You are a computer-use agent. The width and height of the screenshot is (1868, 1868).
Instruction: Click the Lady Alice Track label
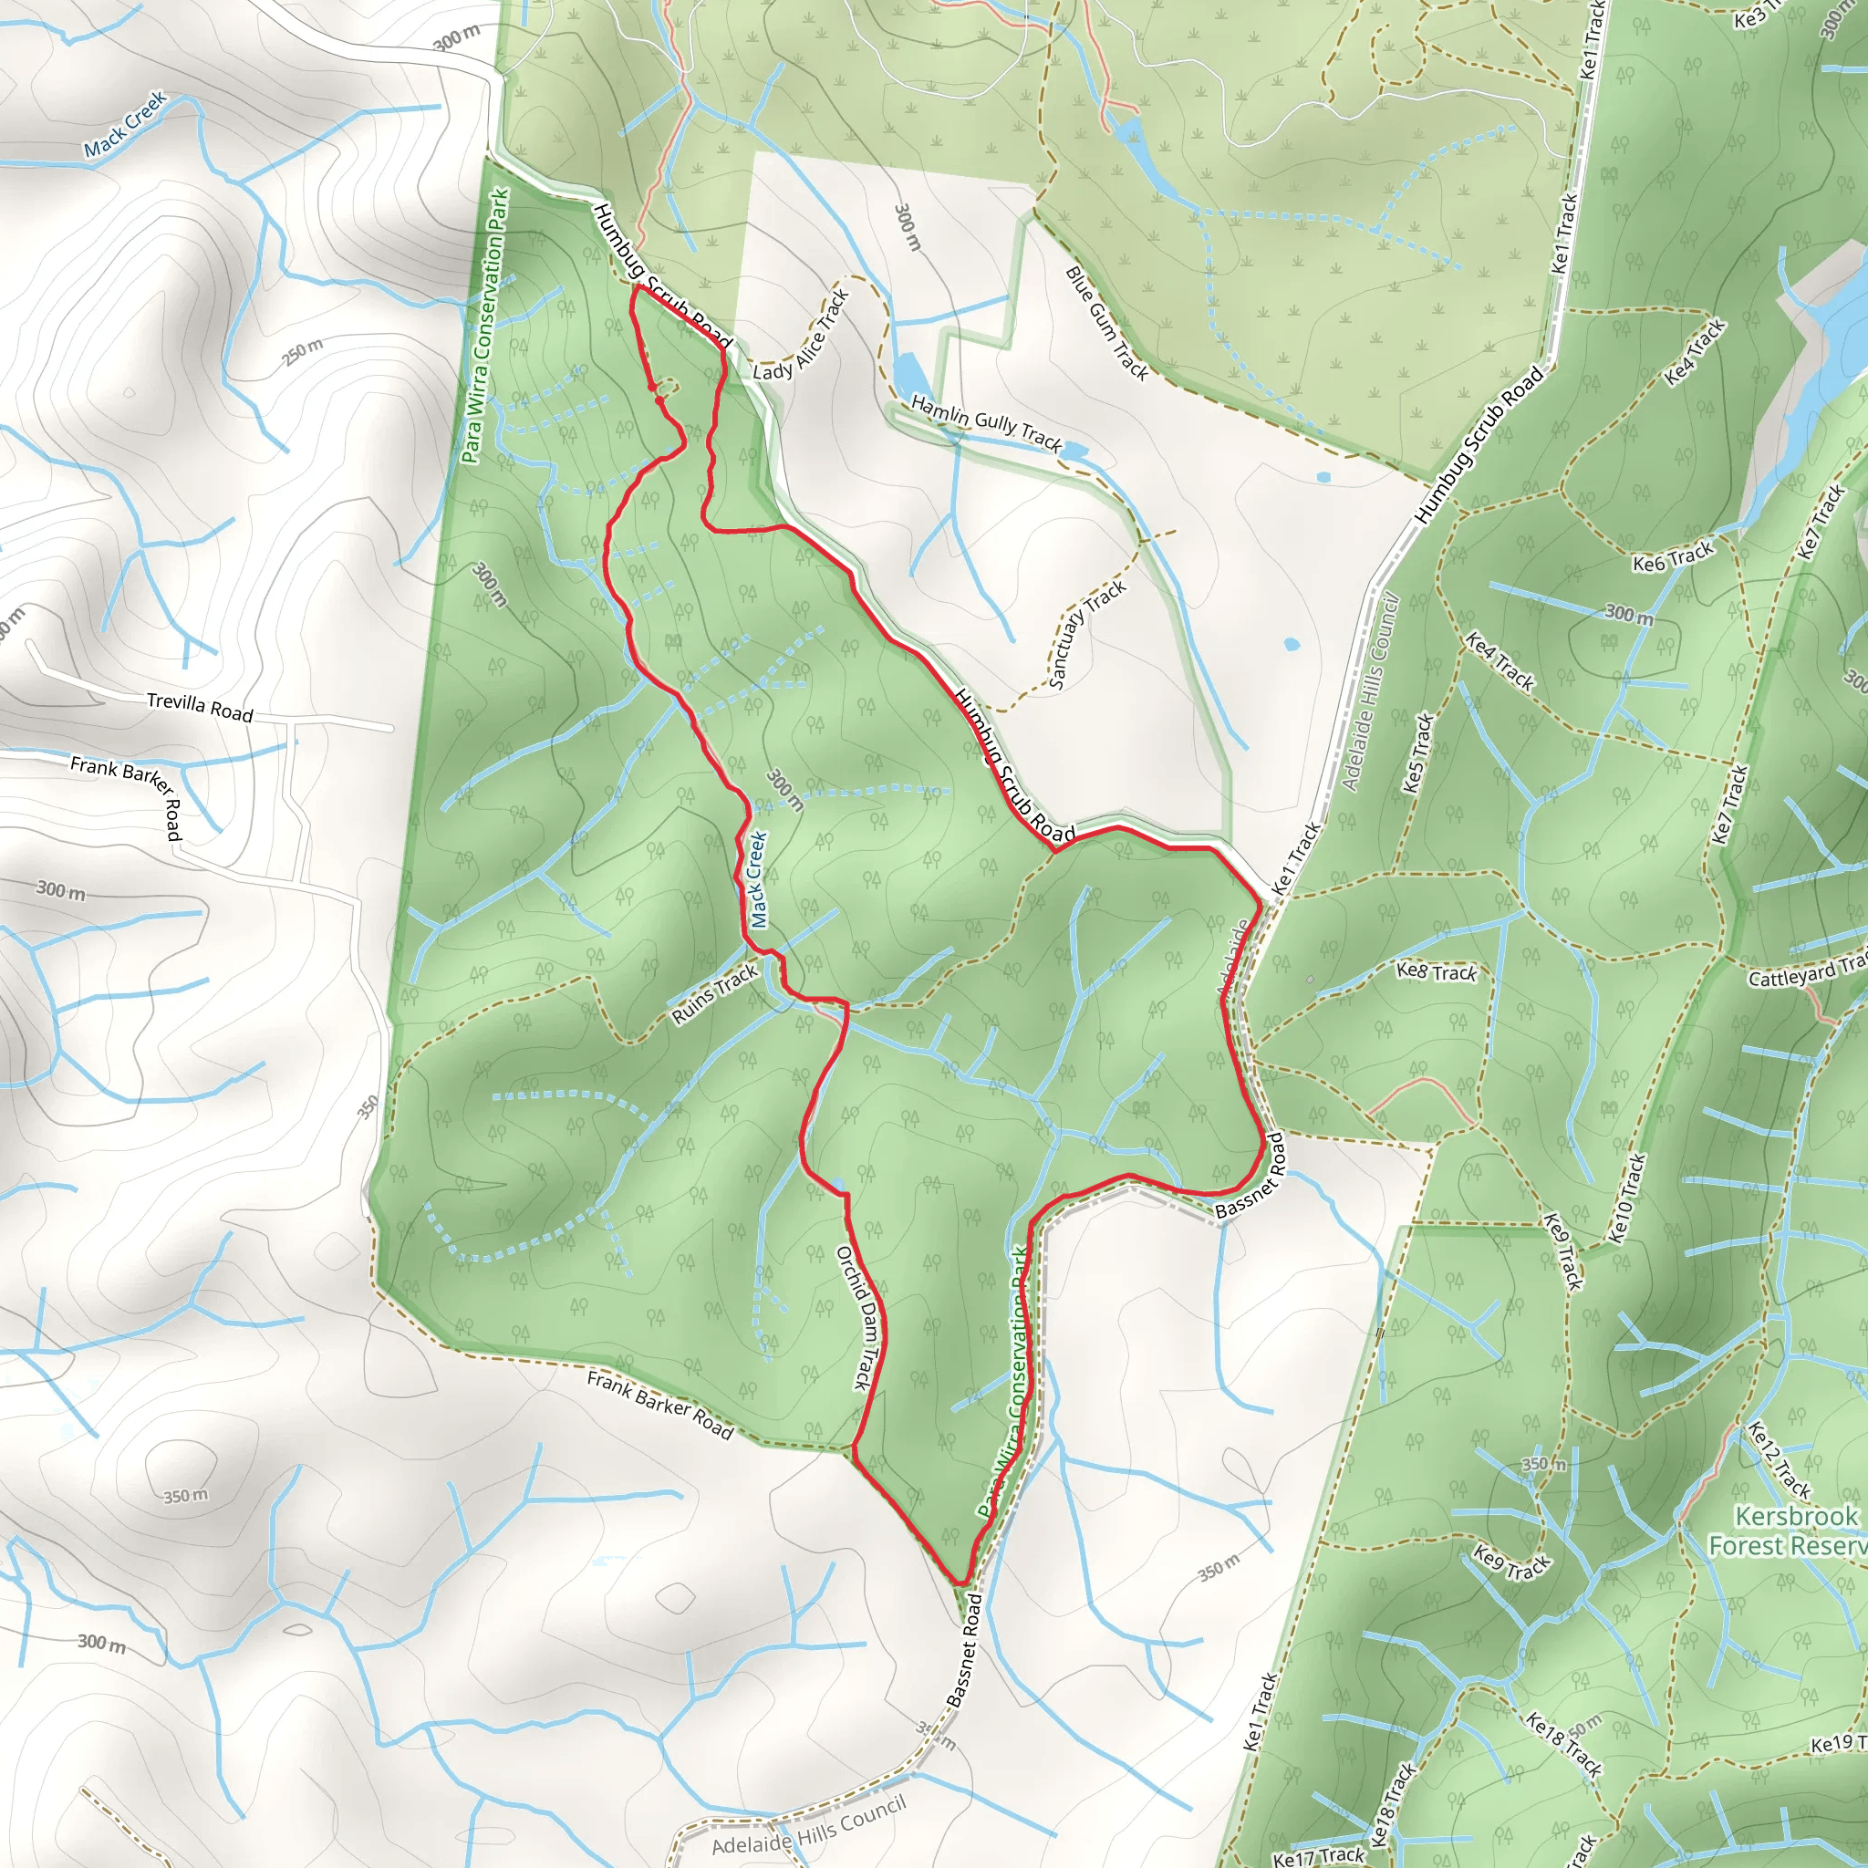coord(801,336)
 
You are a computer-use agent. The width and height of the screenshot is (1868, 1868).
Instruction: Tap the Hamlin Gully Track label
coord(986,423)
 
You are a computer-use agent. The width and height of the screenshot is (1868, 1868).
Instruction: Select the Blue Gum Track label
coord(1106,323)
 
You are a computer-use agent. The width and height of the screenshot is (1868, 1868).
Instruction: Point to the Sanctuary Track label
coord(1086,634)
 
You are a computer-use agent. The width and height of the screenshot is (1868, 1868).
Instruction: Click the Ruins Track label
coord(714,994)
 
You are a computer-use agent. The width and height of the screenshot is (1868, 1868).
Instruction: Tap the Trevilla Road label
coord(199,707)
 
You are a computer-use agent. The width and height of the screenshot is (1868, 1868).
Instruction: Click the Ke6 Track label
coord(1673,557)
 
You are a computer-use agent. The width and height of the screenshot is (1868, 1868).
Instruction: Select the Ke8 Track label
coord(1437,971)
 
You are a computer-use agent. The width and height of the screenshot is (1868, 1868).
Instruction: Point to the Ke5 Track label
coord(1417,753)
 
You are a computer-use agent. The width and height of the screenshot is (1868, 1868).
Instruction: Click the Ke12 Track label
coord(1779,1460)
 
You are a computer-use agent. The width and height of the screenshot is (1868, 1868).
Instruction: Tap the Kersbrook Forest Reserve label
coord(1787,1531)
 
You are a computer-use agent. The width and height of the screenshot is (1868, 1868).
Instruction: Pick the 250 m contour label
coord(303,352)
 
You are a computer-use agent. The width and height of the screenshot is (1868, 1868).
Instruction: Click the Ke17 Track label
coord(1318,1854)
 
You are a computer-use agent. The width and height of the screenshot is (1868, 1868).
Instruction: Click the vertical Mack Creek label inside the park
coord(758,880)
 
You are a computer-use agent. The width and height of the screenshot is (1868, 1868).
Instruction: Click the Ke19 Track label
coord(1837,1743)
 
